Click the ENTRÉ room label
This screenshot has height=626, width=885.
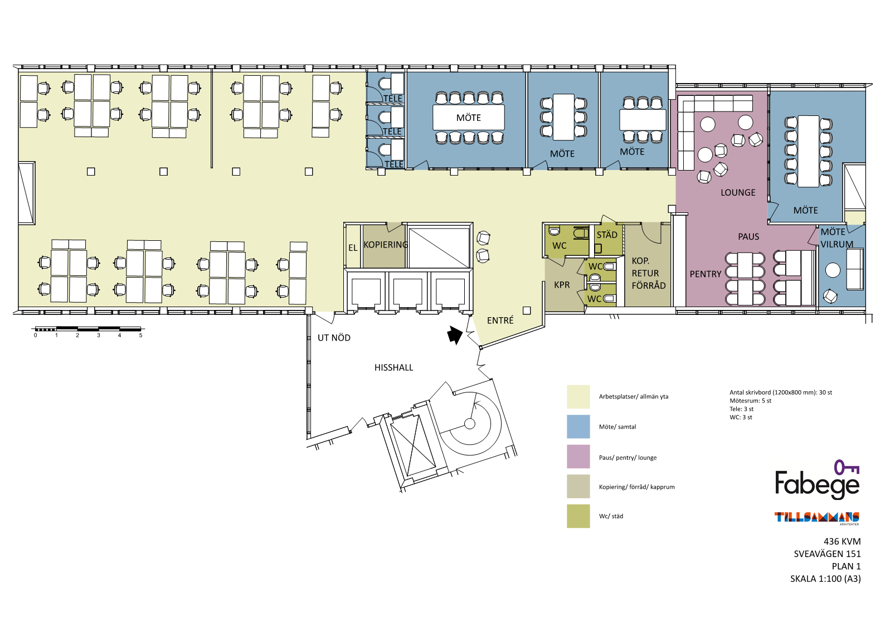coord(500,320)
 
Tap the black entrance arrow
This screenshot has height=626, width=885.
coord(454,335)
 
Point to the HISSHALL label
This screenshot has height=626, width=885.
coord(393,367)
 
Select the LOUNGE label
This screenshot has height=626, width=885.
coord(738,192)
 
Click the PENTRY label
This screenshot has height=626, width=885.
coord(705,274)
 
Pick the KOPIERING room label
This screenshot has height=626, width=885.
coord(385,245)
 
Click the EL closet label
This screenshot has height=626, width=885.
coord(353,248)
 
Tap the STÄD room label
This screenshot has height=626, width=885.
coord(607,234)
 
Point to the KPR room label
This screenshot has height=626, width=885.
coord(562,285)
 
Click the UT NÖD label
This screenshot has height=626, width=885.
coord(334,337)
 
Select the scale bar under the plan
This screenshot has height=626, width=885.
coord(88,328)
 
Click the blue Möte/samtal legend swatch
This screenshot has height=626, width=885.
coord(578,426)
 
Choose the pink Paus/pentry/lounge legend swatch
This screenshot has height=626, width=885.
coord(578,457)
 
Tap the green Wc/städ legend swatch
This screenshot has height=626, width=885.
coord(578,516)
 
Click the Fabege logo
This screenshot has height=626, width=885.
coord(817,480)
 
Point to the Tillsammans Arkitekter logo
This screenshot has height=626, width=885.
coord(816,518)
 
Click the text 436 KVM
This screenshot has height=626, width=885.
coord(842,541)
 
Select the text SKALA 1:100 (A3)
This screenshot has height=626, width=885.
coord(825,579)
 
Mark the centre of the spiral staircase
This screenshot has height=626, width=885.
coord(470,424)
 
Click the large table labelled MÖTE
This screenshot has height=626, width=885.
coord(469,118)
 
